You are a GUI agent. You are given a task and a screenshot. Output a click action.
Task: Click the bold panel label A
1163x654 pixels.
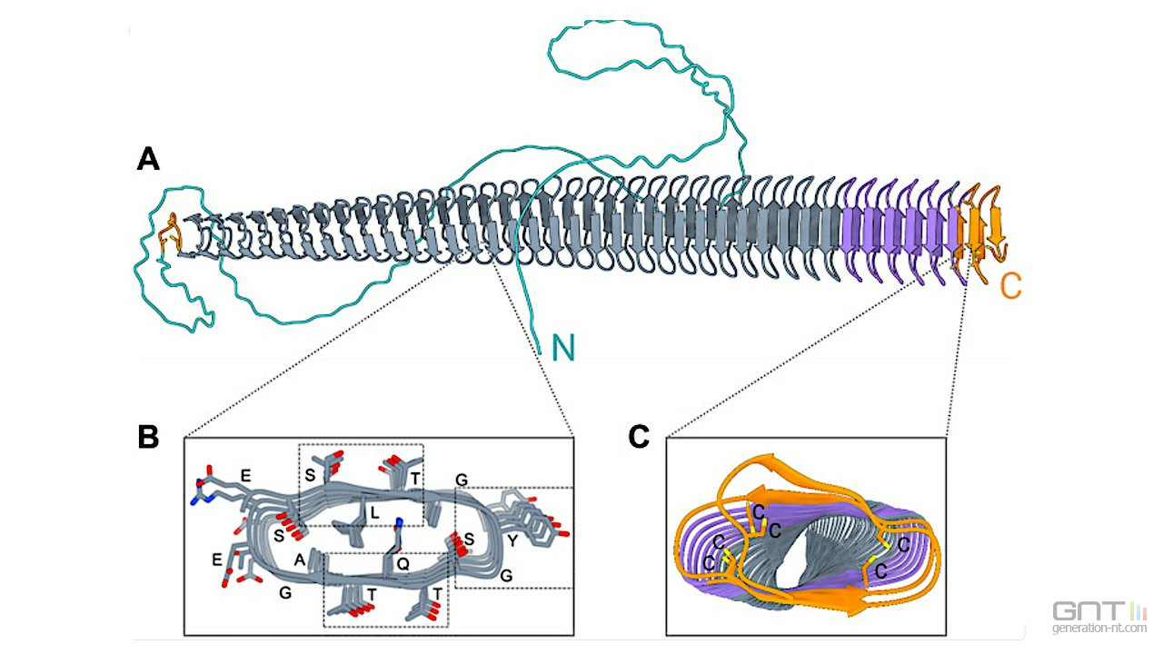(148, 160)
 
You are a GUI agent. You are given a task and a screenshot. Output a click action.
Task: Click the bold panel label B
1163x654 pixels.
(148, 437)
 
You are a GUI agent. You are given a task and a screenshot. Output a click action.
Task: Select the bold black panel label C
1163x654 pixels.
(639, 437)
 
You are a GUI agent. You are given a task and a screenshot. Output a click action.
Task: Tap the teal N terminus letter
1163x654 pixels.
(562, 346)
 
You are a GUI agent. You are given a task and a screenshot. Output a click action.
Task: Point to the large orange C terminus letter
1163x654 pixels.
(1010, 287)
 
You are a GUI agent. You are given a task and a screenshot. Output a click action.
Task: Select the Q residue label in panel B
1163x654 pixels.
(403, 563)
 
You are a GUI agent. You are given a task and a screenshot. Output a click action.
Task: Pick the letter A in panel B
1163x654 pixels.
(299, 560)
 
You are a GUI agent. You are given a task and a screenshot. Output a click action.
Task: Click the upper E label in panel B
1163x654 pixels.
(244, 474)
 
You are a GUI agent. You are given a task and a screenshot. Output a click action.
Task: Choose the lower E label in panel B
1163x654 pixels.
(216, 560)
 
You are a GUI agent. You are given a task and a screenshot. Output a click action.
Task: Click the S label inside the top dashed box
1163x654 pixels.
(310, 475)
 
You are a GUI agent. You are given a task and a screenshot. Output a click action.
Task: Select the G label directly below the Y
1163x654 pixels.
(506, 575)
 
